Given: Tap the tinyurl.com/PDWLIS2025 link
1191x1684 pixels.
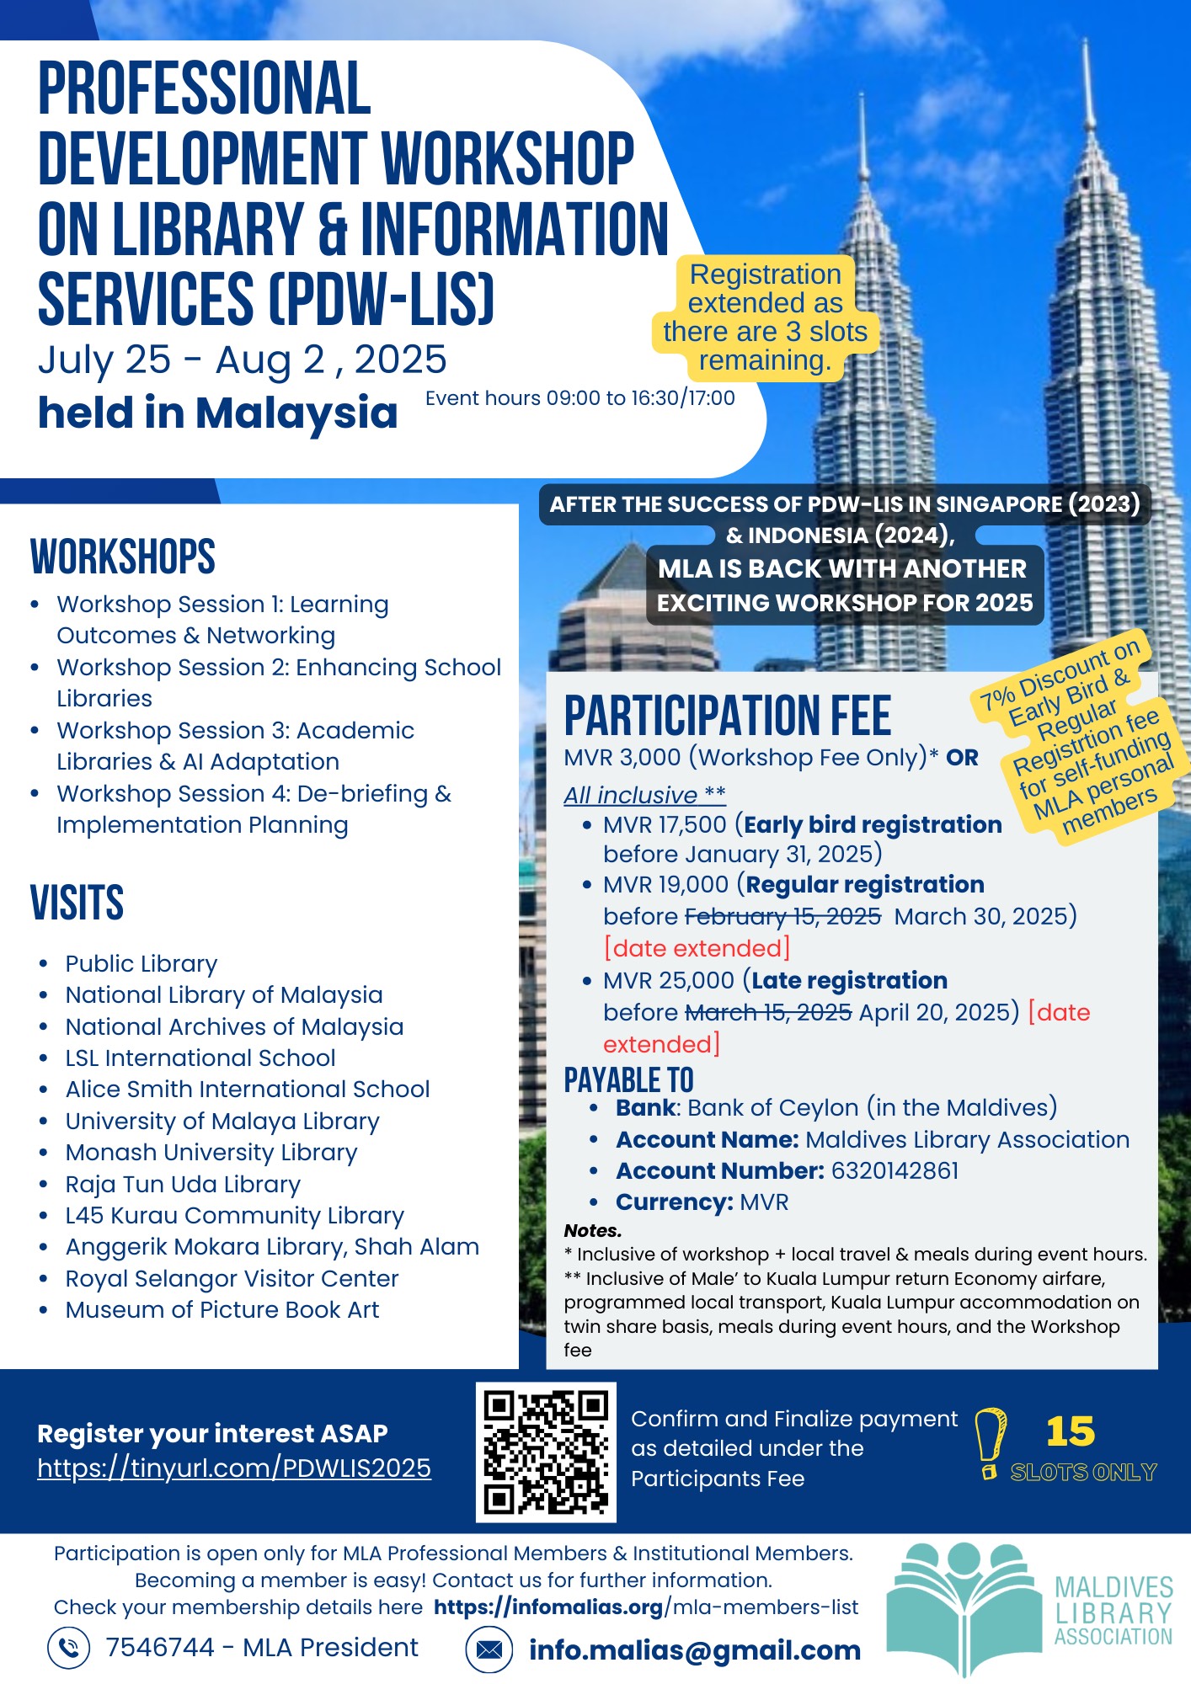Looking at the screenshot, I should (x=234, y=1468).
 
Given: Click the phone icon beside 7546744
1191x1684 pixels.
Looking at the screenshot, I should (x=69, y=1648).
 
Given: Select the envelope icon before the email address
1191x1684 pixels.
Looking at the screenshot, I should (x=489, y=1649).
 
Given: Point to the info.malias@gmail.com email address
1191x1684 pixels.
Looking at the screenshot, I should (x=694, y=1650).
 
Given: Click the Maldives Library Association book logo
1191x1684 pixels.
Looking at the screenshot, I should (x=964, y=1607).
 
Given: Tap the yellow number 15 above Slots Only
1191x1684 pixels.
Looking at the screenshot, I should (x=1070, y=1431).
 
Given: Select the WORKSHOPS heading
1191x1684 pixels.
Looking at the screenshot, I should (x=123, y=557).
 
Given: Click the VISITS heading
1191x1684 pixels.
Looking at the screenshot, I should (x=77, y=903).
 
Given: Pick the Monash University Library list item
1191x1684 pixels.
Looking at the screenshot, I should (x=211, y=1152).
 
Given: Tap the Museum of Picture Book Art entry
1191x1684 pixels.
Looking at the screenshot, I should (x=222, y=1309).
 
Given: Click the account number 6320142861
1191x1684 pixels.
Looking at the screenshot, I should (x=895, y=1170).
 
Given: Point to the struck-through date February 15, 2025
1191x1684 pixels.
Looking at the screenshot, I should (x=782, y=916).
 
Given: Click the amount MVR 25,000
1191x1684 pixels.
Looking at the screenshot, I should (x=669, y=980).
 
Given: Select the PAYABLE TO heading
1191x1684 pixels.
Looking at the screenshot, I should (x=628, y=1080).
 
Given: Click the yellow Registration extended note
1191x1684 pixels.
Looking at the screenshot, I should (x=765, y=317).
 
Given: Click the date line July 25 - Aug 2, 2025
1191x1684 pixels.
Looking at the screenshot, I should (x=243, y=360).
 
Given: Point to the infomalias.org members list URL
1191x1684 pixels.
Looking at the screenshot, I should (x=646, y=1607).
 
